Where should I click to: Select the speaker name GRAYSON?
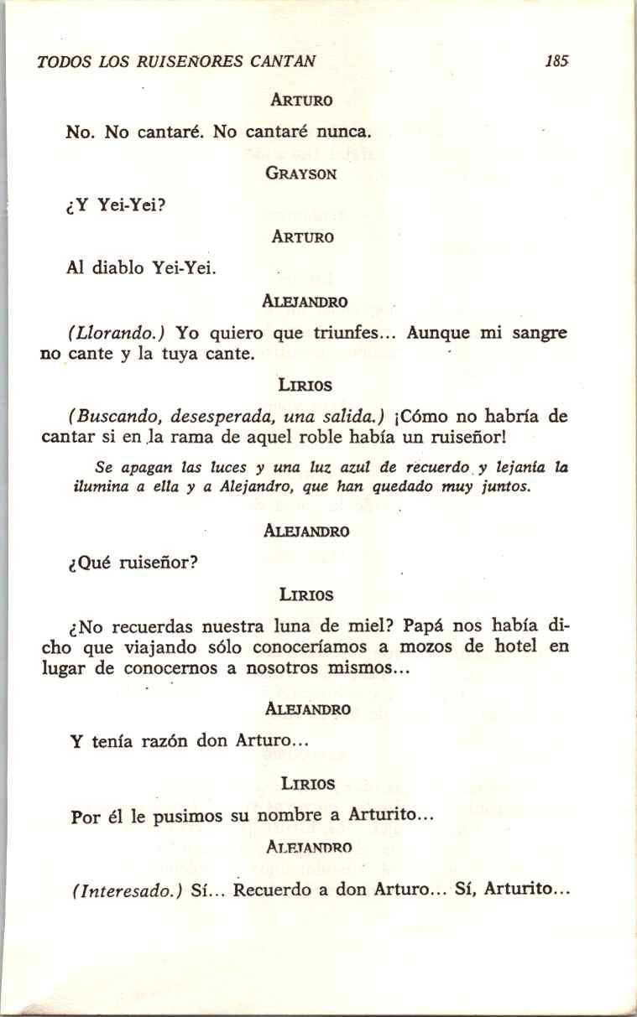tap(301, 174)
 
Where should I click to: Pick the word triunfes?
tap(352, 333)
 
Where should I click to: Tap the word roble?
tap(342, 438)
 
